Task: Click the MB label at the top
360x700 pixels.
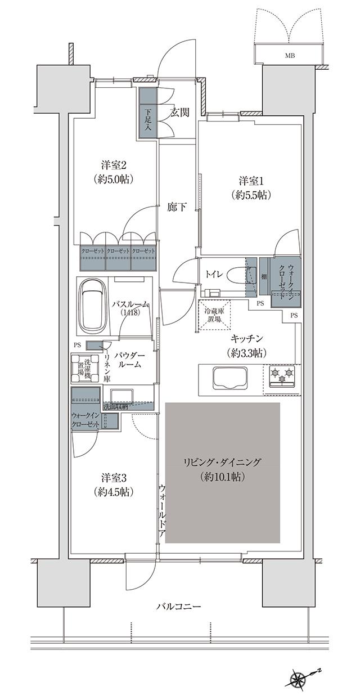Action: tap(290, 55)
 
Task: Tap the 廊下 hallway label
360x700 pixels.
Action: tap(177, 207)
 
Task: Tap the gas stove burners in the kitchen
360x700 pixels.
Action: tap(282, 376)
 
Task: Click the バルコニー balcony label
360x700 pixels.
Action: tap(179, 607)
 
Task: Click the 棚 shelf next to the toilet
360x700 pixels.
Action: tap(264, 276)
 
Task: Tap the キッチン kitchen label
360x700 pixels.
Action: tap(248, 345)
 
